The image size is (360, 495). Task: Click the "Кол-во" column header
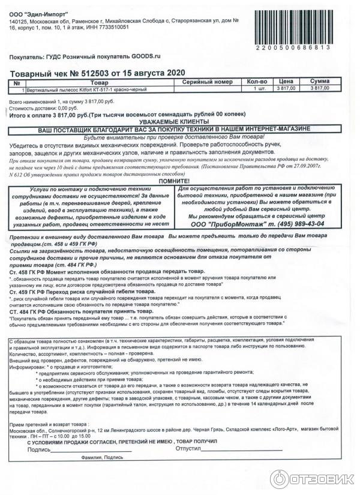(x=257, y=82)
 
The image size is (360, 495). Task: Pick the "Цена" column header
(x=286, y=82)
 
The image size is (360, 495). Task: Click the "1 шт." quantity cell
(x=260, y=89)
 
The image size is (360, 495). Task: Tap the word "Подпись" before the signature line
(x=39, y=449)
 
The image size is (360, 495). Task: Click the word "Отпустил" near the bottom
(x=188, y=449)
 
